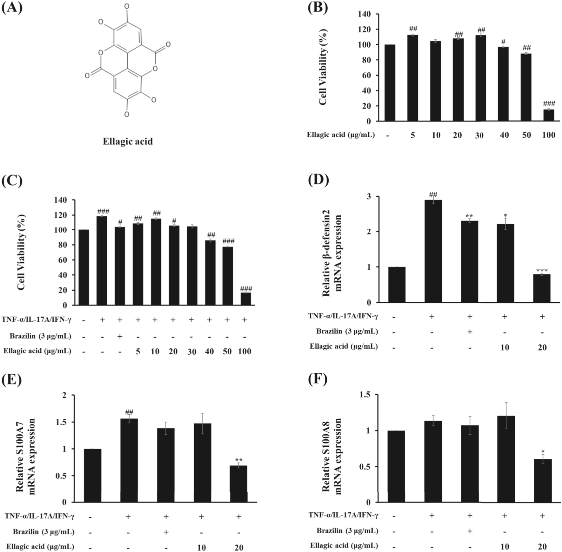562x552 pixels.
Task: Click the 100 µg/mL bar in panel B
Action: (549, 115)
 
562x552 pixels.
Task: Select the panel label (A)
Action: (12, 8)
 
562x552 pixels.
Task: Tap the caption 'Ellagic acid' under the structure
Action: (128, 141)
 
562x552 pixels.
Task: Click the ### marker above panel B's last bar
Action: (549, 104)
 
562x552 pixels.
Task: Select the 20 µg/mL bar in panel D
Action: (542, 288)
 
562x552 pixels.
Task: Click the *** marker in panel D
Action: (542, 271)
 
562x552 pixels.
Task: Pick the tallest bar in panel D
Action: (433, 251)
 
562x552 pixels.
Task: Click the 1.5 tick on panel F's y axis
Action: (365, 394)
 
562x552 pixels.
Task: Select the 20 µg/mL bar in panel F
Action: (543, 480)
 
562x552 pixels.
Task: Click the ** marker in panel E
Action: (239, 460)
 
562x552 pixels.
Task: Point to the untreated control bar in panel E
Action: (92, 475)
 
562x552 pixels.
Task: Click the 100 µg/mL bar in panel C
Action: (246, 299)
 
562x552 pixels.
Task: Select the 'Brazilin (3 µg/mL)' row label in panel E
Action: (43, 532)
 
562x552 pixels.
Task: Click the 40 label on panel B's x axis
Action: (504, 135)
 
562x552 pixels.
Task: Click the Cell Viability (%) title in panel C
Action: (21, 252)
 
